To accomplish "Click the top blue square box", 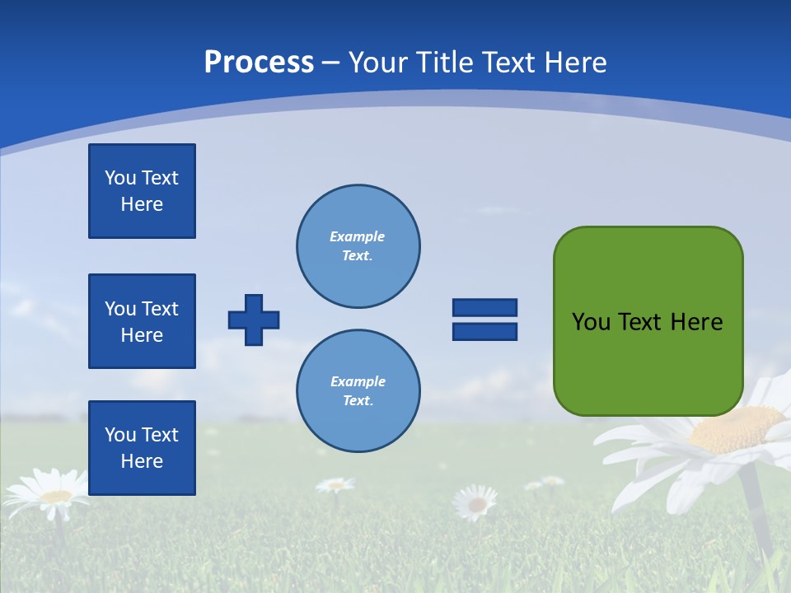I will [142, 191].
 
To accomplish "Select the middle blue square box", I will [142, 321].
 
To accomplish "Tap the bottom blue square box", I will [142, 448].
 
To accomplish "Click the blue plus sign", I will [254, 320].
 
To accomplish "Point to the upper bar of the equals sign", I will [484, 307].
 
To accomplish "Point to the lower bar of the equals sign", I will [484, 332].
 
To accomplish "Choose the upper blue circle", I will [358, 245].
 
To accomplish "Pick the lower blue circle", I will [358, 390].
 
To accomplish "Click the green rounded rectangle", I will [648, 321].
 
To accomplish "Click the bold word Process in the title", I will [259, 62].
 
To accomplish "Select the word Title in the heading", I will [445, 62].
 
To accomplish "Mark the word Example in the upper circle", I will [357, 236].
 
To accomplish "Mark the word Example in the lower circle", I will [358, 381].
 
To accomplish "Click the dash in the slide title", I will [330, 63].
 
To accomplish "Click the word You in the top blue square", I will [119, 178].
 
